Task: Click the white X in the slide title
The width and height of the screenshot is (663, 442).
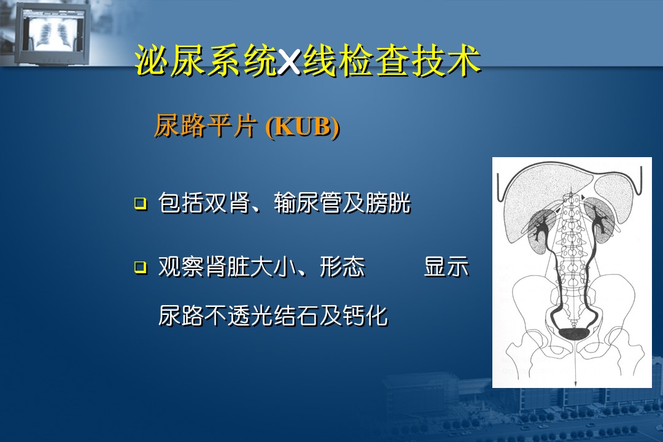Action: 289,62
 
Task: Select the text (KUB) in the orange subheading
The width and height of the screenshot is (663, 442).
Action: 303,126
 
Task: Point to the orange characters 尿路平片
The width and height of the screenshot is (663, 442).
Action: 206,126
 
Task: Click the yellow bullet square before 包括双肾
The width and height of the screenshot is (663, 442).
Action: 141,203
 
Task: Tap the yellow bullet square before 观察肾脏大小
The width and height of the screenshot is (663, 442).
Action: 141,267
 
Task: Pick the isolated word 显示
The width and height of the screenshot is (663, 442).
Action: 446,267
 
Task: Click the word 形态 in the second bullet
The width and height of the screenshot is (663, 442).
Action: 343,267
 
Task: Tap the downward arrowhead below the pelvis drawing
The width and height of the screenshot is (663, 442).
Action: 575,383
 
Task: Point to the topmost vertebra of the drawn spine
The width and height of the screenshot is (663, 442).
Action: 571,199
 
